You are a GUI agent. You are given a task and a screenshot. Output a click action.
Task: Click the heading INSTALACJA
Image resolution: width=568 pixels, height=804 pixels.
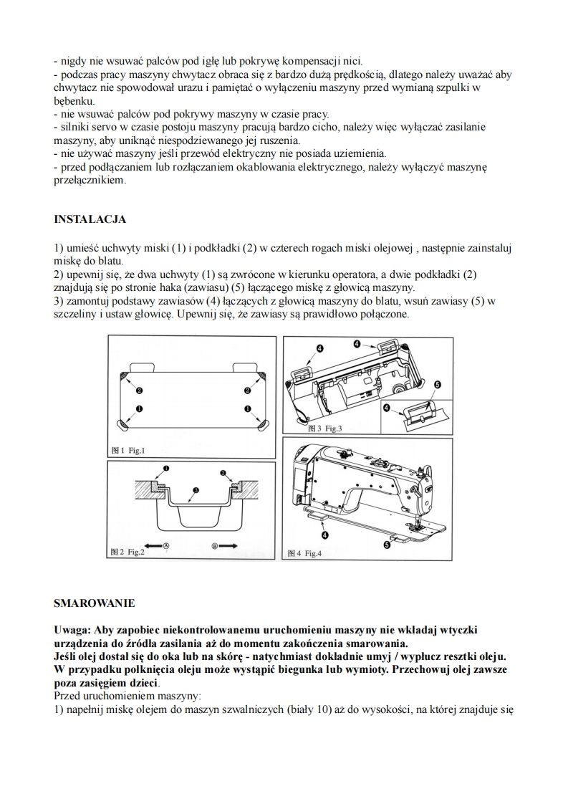(x=90, y=219)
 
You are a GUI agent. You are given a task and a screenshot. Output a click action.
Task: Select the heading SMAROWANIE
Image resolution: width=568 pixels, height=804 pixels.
(x=94, y=603)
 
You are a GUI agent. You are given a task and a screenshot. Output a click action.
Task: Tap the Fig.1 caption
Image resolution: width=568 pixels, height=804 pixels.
(x=128, y=451)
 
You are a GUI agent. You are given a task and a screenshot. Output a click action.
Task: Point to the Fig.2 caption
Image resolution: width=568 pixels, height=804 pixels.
(x=128, y=552)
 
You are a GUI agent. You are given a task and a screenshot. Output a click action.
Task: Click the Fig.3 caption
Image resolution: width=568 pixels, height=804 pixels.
(x=326, y=429)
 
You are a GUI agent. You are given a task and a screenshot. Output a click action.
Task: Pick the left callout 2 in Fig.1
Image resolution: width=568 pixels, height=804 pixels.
(x=138, y=391)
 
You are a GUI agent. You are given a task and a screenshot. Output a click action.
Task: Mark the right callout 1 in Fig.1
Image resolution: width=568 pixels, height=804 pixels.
(x=246, y=409)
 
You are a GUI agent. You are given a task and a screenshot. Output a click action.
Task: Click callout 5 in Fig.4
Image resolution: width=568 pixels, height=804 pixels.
(x=388, y=545)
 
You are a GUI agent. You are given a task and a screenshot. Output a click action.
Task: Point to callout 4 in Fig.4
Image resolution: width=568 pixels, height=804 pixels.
(x=325, y=535)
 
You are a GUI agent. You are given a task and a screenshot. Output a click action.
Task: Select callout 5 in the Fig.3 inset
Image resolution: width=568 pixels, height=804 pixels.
(x=438, y=385)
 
